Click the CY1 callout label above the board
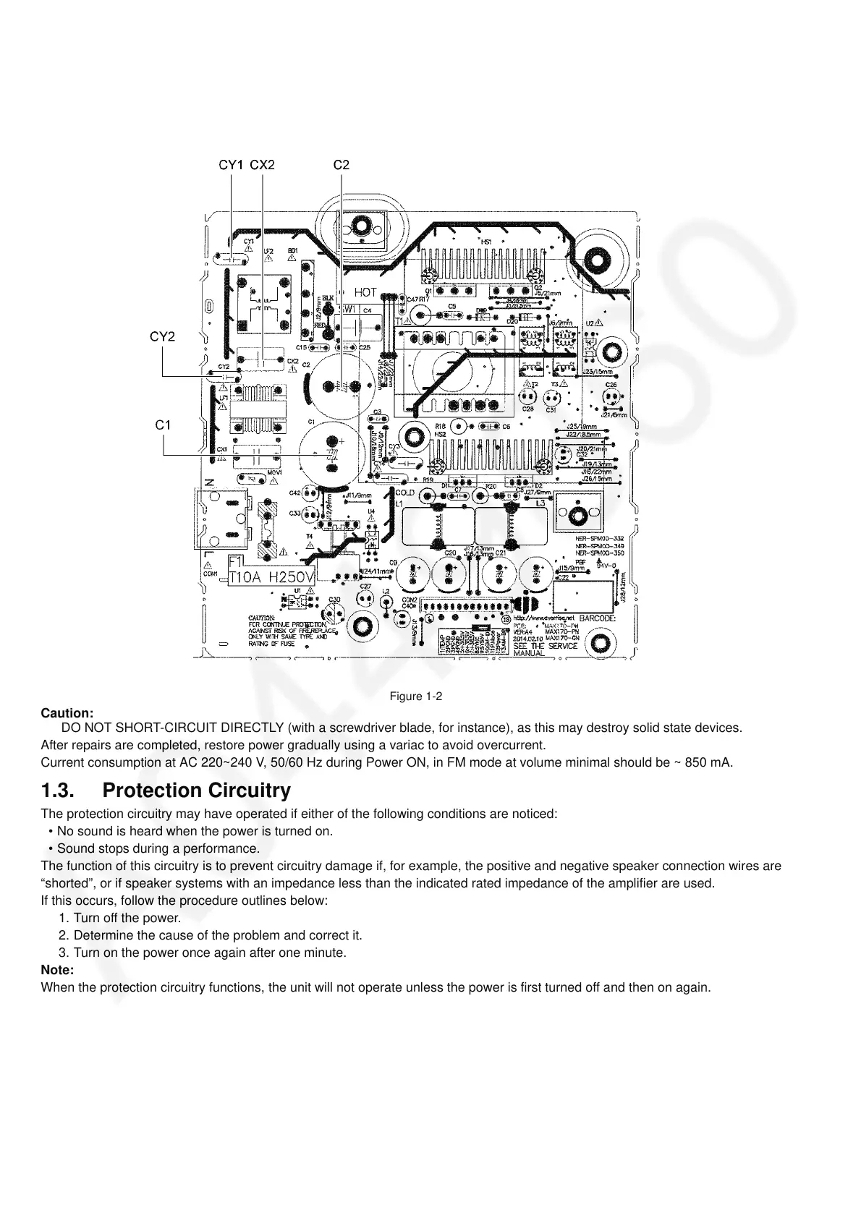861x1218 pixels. point(232,165)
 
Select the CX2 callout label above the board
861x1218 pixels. point(262,165)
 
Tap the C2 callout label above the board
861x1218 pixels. point(341,165)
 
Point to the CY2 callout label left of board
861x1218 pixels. point(163,336)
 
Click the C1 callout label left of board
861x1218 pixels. point(164,425)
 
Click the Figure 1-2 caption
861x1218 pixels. point(415,697)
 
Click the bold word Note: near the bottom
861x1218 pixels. point(58,970)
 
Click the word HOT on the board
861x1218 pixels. point(365,293)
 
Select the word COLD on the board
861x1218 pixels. point(405,493)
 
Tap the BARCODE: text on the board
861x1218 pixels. point(598,619)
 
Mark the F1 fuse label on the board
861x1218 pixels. point(236,561)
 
